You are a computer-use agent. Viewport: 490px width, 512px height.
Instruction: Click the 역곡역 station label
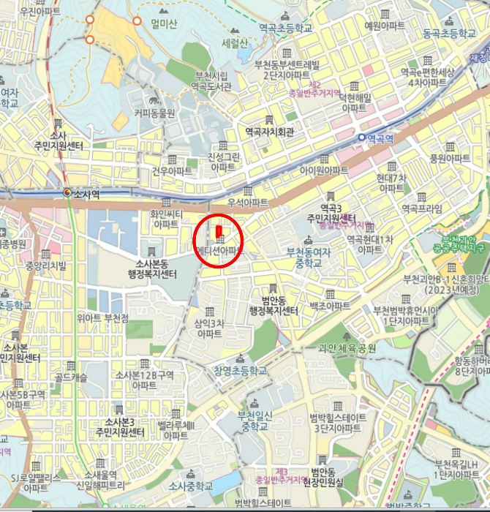click(380, 137)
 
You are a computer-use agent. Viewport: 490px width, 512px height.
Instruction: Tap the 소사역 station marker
click(67, 193)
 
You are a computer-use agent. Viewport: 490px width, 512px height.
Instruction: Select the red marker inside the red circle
click(218, 233)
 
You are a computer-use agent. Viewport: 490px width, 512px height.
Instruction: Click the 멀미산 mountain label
click(165, 24)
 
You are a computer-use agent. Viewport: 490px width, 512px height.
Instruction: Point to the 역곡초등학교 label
click(285, 27)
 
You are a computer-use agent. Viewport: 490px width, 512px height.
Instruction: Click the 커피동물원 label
click(154, 113)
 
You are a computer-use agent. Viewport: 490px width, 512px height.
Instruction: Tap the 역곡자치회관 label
click(270, 132)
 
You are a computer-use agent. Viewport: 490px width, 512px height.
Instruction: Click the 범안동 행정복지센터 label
click(274, 305)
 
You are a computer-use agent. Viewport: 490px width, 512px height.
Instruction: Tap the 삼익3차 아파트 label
click(209, 327)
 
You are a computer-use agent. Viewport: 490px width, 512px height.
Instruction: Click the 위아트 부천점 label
click(102, 318)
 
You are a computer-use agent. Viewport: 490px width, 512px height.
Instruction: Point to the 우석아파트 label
click(248, 202)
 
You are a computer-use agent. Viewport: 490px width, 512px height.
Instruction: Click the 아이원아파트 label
click(324, 170)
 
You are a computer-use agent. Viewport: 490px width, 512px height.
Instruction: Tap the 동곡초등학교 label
click(448, 33)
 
